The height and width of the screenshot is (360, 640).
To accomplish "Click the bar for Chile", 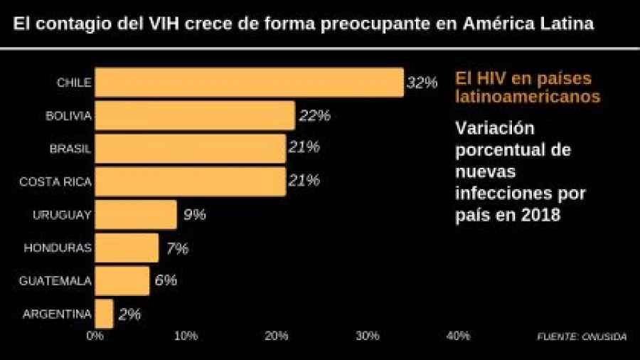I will pyautogui.click(x=249, y=83).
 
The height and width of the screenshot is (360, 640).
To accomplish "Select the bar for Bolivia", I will pyautogui.click(x=195, y=115).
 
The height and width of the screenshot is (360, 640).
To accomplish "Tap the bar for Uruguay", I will pyautogui.click(x=136, y=214).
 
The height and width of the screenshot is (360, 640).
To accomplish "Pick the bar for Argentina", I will pyautogui.click(x=104, y=314).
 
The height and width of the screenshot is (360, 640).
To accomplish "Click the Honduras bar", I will pyautogui.click(x=127, y=248).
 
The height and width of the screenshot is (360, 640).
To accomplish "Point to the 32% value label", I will pyautogui.click(x=421, y=83).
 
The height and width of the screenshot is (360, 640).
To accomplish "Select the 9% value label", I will pyautogui.click(x=194, y=214).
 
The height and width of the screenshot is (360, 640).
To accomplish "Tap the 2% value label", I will pyautogui.click(x=129, y=314).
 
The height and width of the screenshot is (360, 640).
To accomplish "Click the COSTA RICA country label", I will pyautogui.click(x=55, y=182).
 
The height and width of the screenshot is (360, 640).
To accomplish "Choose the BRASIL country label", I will pyautogui.click(x=70, y=149).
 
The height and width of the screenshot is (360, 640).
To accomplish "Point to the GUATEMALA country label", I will pyautogui.click(x=55, y=281).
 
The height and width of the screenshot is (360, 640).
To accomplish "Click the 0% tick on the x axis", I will pyautogui.click(x=95, y=336).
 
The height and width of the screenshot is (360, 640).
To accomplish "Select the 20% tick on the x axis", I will pyautogui.click(x=277, y=336).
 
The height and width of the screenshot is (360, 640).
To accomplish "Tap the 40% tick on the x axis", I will pyautogui.click(x=458, y=336).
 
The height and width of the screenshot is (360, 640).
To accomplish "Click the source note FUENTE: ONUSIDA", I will pyautogui.click(x=582, y=337).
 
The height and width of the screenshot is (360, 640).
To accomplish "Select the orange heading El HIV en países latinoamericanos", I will pyautogui.click(x=528, y=87).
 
